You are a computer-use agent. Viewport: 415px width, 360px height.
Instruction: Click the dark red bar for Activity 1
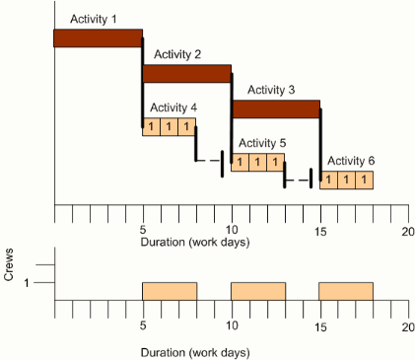tap(98, 37)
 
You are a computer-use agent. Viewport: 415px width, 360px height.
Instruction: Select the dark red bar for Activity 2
tap(186, 73)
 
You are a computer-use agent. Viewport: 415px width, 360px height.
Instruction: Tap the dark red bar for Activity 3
tap(275, 108)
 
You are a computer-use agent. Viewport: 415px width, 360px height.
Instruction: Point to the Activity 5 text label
tap(262, 142)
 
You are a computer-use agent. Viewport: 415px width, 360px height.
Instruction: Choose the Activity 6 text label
tap(351, 160)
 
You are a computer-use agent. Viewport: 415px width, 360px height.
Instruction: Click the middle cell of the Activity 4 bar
tap(169, 126)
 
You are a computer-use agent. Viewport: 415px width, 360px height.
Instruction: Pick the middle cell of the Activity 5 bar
tap(257, 162)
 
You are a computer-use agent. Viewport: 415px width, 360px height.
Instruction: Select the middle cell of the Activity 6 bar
tap(346, 180)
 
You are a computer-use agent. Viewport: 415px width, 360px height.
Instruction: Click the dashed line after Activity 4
tap(208, 160)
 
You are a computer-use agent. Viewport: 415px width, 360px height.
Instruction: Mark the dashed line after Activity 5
tap(297, 179)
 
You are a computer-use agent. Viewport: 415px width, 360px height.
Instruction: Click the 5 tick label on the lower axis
tap(143, 325)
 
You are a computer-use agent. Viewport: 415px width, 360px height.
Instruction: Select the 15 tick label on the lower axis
tap(319, 325)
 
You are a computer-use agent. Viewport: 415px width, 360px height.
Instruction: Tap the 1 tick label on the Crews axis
tap(27, 283)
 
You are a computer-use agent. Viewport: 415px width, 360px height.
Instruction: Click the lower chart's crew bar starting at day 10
tap(257, 291)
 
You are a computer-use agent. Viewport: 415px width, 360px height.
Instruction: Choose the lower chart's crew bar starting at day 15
tap(346, 291)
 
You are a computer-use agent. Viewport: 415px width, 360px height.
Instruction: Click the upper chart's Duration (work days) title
tap(195, 243)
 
